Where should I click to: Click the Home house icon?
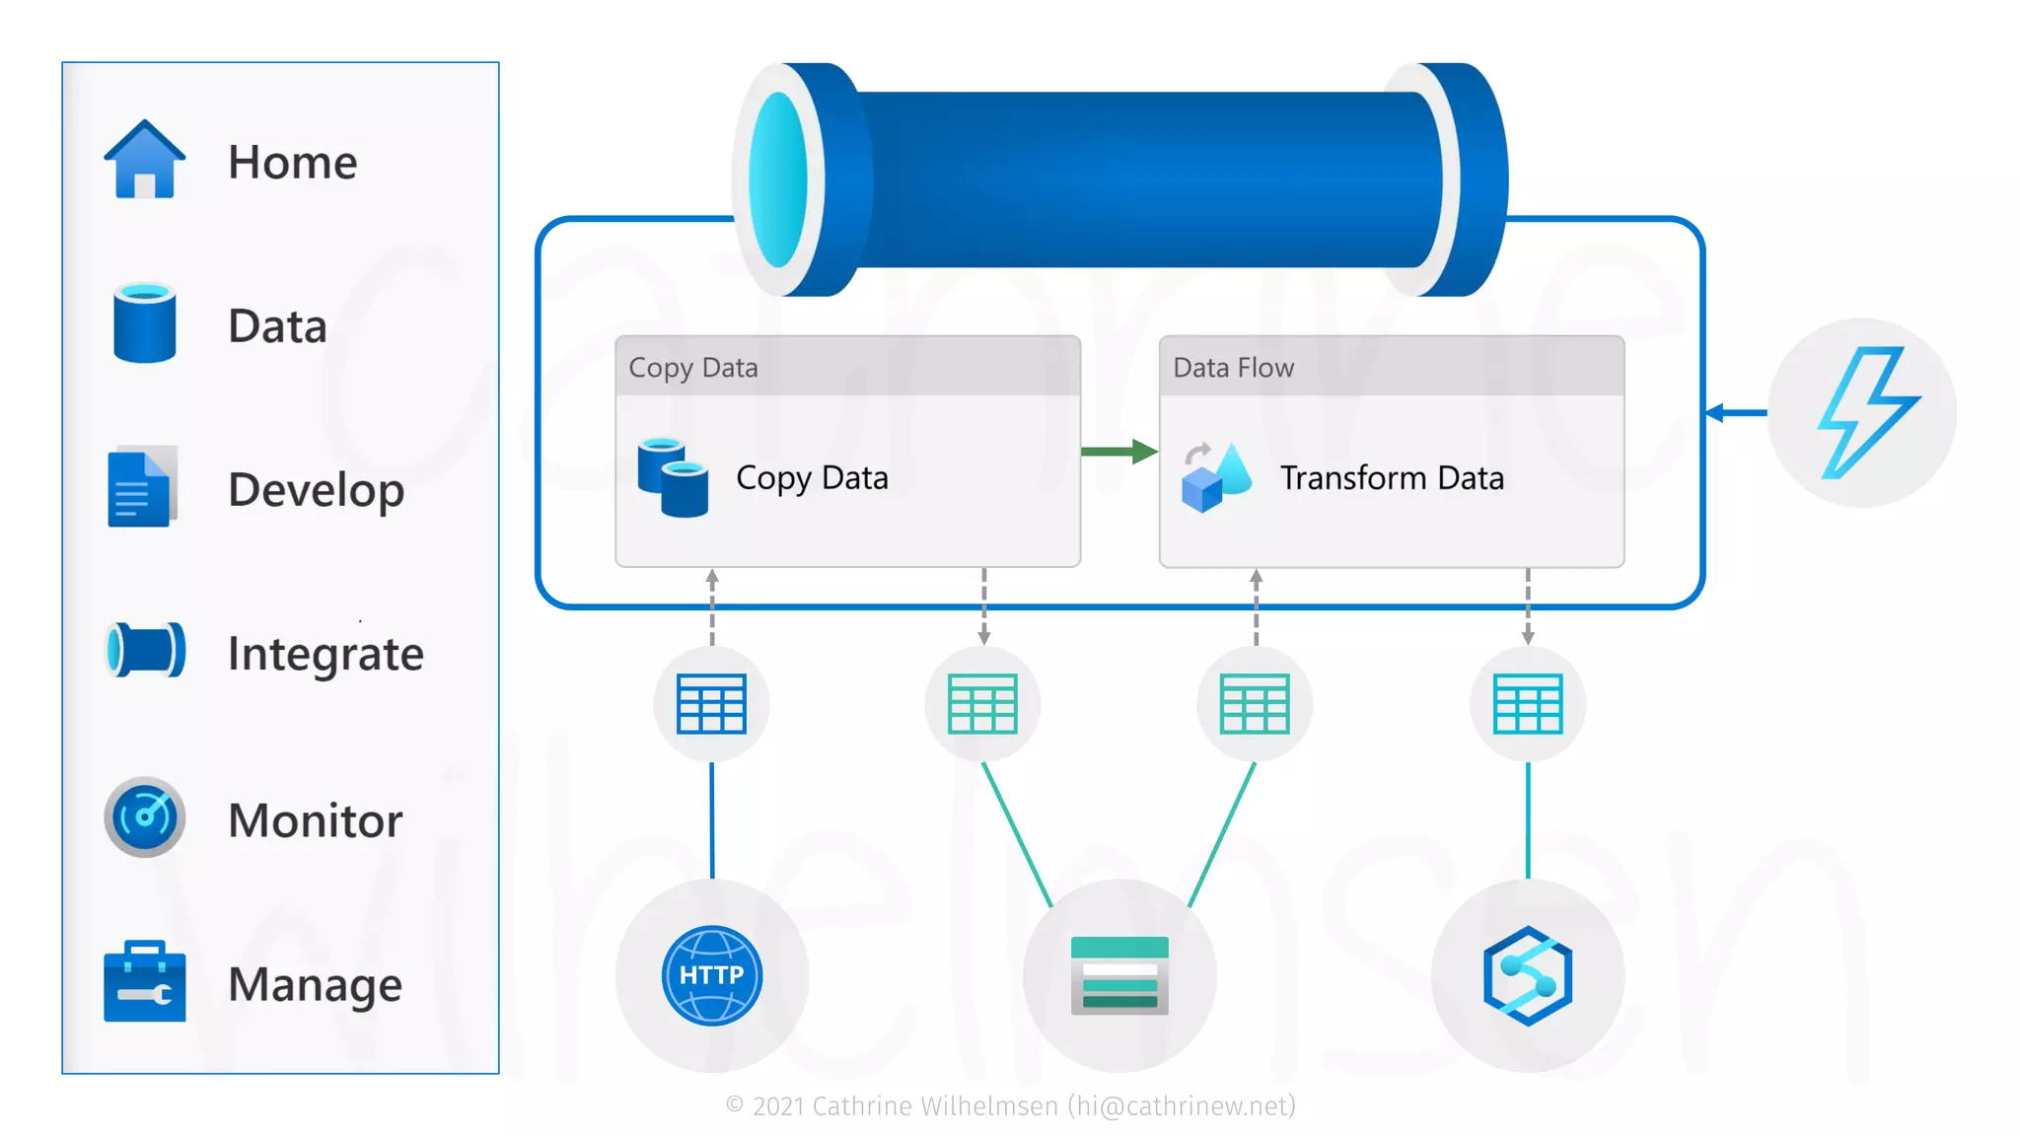pos(144,160)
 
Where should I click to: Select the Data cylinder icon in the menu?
pos(144,323)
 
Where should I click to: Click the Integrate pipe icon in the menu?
pos(145,651)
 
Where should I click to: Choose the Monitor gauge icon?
pos(144,816)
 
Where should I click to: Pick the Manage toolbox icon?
pos(144,981)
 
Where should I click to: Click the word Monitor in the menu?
pos(315,820)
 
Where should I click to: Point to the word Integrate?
pos(325,655)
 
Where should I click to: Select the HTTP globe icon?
pos(711,975)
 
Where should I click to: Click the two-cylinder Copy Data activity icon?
pos(673,477)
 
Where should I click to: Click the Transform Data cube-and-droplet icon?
pos(1216,477)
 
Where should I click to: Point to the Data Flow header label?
pos(1233,368)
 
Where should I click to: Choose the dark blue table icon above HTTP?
pos(711,704)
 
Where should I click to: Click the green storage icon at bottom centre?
pos(1119,975)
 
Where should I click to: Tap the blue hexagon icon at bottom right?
pos(1528,975)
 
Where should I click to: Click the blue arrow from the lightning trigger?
pos(1736,412)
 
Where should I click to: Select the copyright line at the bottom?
pos(1010,1106)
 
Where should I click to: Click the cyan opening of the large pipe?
pos(778,180)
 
